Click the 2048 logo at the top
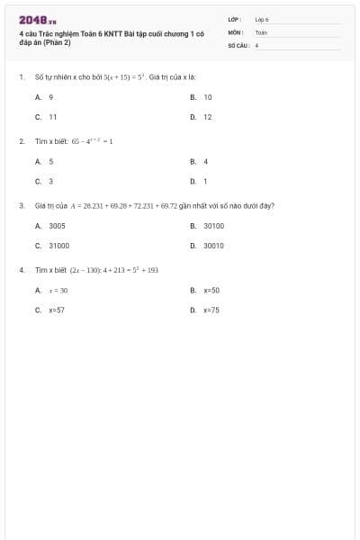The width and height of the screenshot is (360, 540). click(x=38, y=18)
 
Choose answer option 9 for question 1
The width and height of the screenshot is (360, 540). click(x=51, y=96)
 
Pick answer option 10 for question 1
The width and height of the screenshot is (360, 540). click(x=208, y=96)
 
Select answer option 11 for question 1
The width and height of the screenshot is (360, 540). click(x=53, y=117)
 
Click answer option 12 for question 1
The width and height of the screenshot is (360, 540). click(x=208, y=117)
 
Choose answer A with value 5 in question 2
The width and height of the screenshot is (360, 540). click(x=51, y=161)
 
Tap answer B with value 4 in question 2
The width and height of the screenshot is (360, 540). click(x=206, y=161)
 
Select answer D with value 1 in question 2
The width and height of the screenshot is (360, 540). click(x=206, y=181)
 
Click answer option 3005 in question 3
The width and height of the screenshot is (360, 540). click(x=57, y=225)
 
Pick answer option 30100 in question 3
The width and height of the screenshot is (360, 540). click(x=213, y=225)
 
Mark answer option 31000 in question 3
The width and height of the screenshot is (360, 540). click(x=59, y=245)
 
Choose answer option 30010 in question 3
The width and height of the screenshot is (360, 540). click(x=213, y=245)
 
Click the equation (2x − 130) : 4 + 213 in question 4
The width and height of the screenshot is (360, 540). click(x=113, y=270)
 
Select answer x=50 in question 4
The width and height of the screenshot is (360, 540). click(x=211, y=290)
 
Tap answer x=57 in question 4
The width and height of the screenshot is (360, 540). click(x=57, y=310)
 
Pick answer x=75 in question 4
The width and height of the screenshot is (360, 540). click(x=211, y=310)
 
